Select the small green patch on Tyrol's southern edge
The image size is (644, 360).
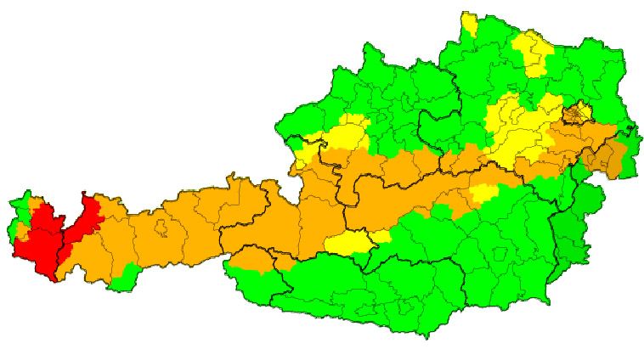(x=127, y=275)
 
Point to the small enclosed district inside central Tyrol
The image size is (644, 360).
(x=161, y=228)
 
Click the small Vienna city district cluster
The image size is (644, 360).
(x=579, y=113)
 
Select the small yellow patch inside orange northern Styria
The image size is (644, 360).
(x=483, y=194)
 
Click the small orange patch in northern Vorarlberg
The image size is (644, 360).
(x=35, y=205)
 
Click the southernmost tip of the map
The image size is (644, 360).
(x=426, y=336)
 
